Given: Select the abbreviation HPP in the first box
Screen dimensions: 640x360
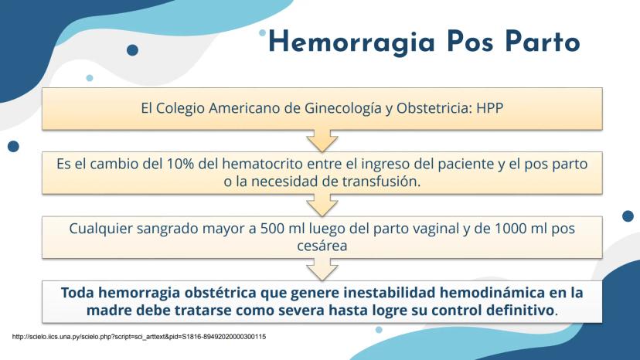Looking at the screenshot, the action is pos(489,108).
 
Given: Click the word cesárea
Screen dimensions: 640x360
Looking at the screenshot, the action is pos(322,246).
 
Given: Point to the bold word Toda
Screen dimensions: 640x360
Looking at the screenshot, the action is pos(77,293).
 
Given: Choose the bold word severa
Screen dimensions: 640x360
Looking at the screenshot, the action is pos(302,311).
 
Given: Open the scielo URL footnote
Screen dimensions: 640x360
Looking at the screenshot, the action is pos(139,337).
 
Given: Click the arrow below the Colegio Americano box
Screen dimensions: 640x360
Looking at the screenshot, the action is pos(322,141).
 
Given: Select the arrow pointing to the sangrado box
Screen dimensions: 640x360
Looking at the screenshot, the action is pos(322,205).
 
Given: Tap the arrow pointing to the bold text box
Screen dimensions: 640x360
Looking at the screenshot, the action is pos(322,270).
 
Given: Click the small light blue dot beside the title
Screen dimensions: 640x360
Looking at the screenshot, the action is pos(262,32).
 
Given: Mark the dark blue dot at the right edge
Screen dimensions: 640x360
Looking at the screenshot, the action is pos(628,216).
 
